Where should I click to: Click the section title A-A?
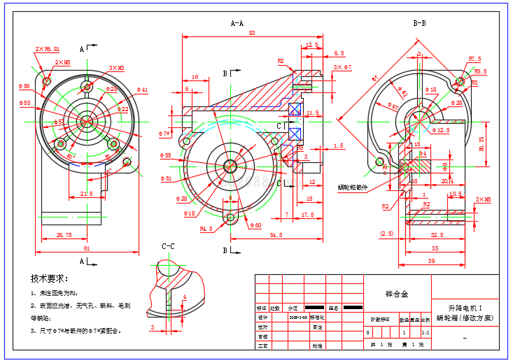click(237, 23)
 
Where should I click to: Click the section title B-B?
click(420, 23)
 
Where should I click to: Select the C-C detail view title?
click(168, 246)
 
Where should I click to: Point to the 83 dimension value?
click(252, 33)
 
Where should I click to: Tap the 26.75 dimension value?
click(64, 235)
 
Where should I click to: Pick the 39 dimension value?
click(432, 260)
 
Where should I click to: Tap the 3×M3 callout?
click(116, 68)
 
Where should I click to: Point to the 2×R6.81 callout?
click(48, 50)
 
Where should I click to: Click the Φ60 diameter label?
click(255, 225)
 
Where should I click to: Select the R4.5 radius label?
click(206, 229)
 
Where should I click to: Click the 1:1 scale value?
click(426, 333)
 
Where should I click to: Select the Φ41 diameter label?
click(142, 90)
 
